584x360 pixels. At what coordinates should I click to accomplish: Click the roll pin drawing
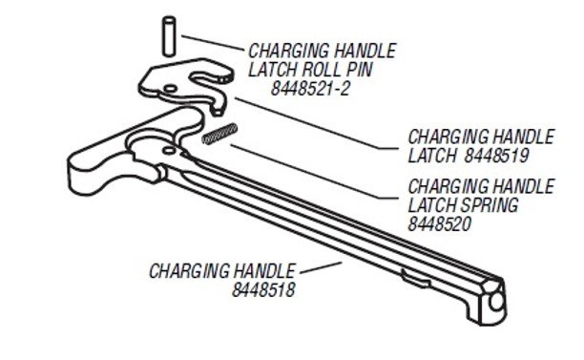tap(169, 36)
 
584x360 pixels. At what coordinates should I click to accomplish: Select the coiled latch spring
tap(219, 134)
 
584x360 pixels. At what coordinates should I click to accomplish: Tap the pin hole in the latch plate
tap(170, 88)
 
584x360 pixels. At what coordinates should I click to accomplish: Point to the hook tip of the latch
tap(218, 109)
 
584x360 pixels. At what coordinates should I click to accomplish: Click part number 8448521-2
tap(310, 89)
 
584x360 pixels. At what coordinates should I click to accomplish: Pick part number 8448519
tap(496, 155)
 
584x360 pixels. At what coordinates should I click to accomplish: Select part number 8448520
tap(440, 223)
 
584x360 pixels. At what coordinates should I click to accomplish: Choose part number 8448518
tap(263, 289)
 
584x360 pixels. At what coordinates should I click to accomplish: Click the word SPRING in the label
tap(490, 204)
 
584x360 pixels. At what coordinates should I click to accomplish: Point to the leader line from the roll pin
tap(212, 42)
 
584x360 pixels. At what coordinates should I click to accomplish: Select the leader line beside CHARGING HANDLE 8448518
tap(321, 267)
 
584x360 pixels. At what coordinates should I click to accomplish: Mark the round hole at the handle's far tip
tap(497, 301)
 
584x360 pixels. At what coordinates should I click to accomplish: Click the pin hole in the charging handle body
tap(169, 150)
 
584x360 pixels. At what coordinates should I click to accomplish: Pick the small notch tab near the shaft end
tap(415, 279)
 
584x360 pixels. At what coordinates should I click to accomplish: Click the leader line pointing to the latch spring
tap(314, 171)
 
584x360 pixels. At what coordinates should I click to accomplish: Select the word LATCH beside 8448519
tap(432, 155)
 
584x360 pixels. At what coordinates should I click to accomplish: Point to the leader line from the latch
tap(316, 123)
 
